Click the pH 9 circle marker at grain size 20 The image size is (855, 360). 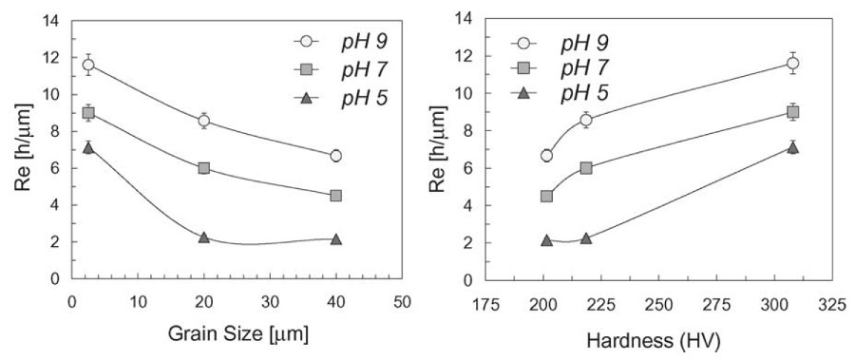[203, 121]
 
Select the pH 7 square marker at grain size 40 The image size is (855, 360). [335, 196]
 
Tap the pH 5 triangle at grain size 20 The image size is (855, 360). [203, 237]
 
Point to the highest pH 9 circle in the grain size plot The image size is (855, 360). [88, 65]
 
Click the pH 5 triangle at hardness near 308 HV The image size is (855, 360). [793, 147]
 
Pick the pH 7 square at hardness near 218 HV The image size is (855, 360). [586, 168]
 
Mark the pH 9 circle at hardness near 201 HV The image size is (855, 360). [546, 156]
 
